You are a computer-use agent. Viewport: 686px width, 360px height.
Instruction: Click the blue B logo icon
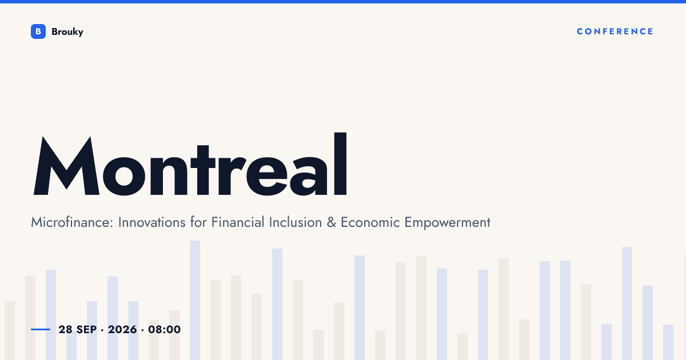tap(38, 31)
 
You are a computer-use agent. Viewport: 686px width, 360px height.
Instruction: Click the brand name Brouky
tap(67, 32)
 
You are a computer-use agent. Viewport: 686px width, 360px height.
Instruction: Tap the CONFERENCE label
tap(615, 31)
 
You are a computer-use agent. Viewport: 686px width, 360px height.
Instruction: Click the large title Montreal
tap(190, 164)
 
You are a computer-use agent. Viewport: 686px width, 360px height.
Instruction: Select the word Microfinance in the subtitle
tap(72, 222)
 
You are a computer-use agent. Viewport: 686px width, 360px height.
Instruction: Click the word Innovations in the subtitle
tap(151, 222)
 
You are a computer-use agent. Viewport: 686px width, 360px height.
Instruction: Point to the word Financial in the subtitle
tap(238, 222)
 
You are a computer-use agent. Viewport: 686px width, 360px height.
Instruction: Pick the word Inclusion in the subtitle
tap(296, 222)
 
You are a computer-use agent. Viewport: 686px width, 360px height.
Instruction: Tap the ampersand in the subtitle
tap(332, 222)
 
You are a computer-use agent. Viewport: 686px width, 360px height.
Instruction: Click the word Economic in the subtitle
tap(370, 222)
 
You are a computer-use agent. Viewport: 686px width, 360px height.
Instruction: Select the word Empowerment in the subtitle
tap(448, 222)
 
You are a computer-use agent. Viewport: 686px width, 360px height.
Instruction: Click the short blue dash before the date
tap(41, 329)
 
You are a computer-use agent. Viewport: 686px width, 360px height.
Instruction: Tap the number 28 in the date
tap(66, 329)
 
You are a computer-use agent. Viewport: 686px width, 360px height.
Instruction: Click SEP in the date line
tap(86, 329)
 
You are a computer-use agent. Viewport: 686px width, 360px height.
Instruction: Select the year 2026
tap(122, 329)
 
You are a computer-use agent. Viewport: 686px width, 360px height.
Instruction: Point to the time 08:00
tap(165, 329)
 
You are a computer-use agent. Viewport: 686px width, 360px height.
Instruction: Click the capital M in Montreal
tap(66, 165)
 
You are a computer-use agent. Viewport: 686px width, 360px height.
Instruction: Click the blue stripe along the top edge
tap(343, 2)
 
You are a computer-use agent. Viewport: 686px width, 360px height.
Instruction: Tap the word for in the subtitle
tap(198, 222)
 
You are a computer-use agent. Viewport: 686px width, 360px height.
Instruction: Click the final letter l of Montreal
tap(340, 164)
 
